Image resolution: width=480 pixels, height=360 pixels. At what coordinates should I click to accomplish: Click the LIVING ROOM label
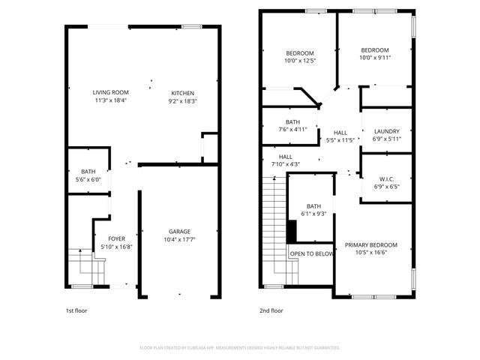(111, 92)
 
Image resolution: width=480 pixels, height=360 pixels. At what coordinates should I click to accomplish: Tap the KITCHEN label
(183, 92)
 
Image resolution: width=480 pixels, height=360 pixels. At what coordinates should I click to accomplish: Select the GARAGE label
(179, 231)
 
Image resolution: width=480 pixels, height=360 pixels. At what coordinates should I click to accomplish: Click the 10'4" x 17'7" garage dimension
(179, 239)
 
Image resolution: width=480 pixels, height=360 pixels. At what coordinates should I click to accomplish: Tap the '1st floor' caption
(76, 310)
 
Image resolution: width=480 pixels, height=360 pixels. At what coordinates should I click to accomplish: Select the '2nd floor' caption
(271, 310)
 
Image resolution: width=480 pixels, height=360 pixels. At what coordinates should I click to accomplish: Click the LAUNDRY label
(387, 131)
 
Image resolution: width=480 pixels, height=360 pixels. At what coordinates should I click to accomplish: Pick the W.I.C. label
(387, 178)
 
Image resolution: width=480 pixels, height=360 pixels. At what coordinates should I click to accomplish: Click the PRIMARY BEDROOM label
(371, 245)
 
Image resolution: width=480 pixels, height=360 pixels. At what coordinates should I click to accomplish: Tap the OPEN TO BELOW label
(312, 254)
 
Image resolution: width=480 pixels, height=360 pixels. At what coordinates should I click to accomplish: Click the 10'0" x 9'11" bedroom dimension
(375, 58)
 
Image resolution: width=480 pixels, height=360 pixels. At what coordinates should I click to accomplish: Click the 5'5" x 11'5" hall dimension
(340, 140)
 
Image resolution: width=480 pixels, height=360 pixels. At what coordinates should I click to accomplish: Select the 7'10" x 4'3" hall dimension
(285, 164)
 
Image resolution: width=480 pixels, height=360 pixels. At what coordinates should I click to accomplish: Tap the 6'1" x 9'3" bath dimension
(313, 214)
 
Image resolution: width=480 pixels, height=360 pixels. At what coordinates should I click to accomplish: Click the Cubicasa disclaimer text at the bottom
(240, 348)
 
